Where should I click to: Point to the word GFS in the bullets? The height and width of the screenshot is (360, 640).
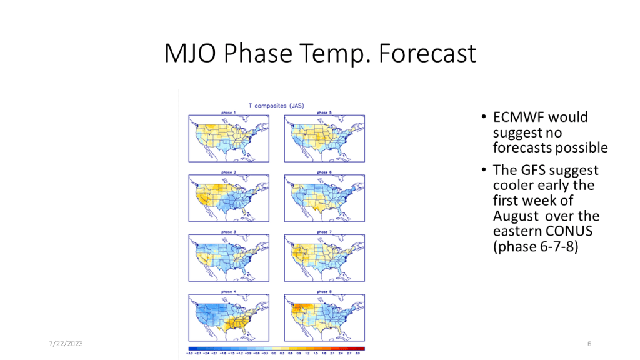tap(532, 170)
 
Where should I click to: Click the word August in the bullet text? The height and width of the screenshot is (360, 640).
tap(516, 216)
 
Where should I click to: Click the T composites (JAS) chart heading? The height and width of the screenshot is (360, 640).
tap(276, 106)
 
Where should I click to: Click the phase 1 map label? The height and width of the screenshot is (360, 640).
tap(228, 112)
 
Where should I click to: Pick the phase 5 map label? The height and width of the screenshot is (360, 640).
tap(323, 112)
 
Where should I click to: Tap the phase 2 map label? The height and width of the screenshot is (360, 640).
tap(228, 172)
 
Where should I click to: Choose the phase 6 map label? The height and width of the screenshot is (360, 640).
tap(323, 172)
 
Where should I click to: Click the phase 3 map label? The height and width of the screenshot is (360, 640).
tap(228, 232)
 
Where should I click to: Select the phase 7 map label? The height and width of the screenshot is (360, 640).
tap(323, 232)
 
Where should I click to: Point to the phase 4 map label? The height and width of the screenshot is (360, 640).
tap(228, 292)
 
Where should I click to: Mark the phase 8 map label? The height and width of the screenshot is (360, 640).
tap(323, 292)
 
